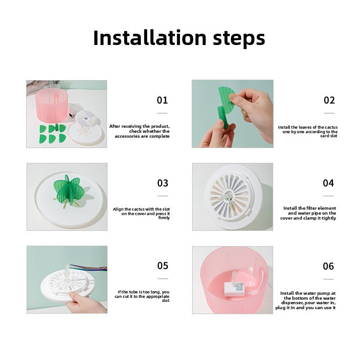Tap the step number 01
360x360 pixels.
pyautogui.click(x=162, y=100)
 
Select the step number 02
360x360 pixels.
pyautogui.click(x=329, y=100)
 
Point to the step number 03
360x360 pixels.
pyautogui.click(x=162, y=183)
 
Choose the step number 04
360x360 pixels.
pyautogui.click(x=328, y=183)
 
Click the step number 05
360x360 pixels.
pyautogui.click(x=162, y=265)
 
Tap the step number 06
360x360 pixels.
pyautogui.click(x=328, y=266)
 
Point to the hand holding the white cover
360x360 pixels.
pyautogui.click(x=86, y=303)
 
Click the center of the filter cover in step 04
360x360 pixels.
pyautogui.click(x=229, y=196)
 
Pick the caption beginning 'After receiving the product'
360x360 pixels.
pyautogui.click(x=139, y=131)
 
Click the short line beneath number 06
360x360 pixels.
pyautogui.click(x=329, y=279)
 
